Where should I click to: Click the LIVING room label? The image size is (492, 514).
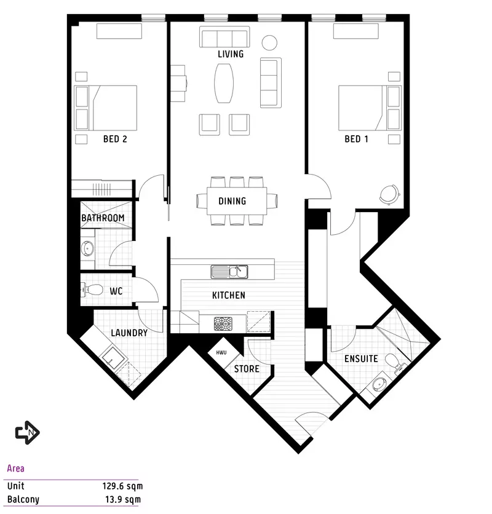(231, 54)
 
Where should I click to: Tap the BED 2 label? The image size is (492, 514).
(115, 139)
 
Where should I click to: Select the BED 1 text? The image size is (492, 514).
(356, 139)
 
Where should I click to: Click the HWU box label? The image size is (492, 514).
(221, 353)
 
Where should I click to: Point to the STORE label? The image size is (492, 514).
(246, 370)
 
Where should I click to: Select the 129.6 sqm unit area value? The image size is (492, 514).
(122, 486)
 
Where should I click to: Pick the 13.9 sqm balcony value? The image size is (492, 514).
(125, 499)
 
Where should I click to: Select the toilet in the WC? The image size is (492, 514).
(92, 290)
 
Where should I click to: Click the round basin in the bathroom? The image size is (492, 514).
(87, 249)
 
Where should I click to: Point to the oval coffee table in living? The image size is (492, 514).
(224, 83)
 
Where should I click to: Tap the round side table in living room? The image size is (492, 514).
(270, 42)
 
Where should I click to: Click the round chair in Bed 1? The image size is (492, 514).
(389, 194)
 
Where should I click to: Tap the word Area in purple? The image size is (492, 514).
(16, 469)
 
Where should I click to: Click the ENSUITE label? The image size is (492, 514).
(361, 359)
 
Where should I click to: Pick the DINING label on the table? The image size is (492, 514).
(232, 201)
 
